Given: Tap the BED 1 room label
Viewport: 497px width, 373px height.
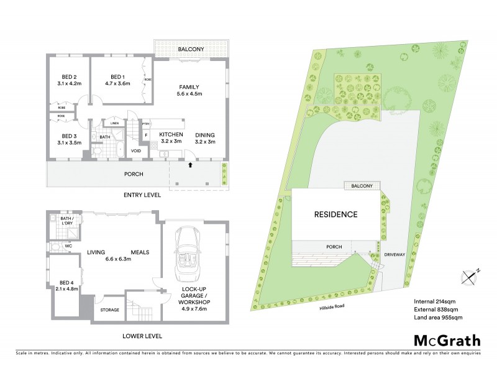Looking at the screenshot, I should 114,78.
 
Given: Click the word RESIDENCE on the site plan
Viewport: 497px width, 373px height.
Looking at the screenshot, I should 335,214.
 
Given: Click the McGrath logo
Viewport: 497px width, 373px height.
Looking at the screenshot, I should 447,340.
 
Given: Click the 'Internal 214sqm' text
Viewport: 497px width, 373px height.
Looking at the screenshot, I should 435,303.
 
